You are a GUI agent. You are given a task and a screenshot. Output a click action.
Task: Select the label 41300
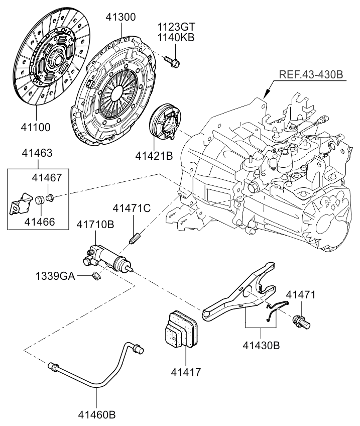[x=121, y=18]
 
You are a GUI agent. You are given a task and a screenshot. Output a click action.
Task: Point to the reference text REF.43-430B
[x=311, y=75]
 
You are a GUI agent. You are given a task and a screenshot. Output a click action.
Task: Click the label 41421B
[x=154, y=156]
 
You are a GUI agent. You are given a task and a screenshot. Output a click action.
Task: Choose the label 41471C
[x=131, y=207]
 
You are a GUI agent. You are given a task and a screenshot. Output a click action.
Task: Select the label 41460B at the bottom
[x=96, y=415]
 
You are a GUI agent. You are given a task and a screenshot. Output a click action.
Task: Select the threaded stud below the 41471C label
[x=134, y=237]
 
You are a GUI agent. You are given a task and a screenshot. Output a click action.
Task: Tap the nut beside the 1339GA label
[x=97, y=276]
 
